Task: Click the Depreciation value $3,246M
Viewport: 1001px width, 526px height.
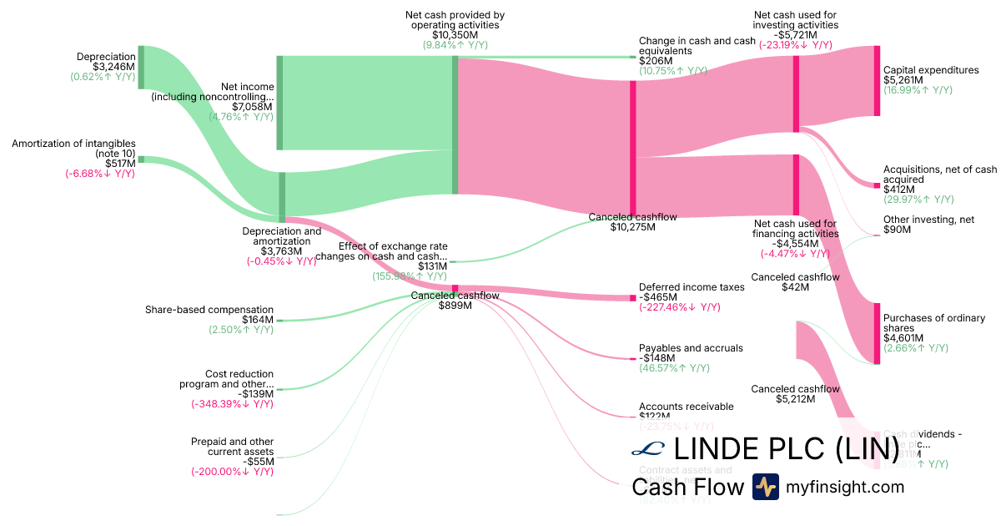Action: click(x=113, y=67)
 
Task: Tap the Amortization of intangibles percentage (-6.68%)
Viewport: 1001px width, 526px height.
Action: click(x=100, y=174)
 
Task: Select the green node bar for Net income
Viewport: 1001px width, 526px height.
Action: click(x=279, y=103)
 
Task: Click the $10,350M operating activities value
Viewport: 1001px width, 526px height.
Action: click(x=455, y=36)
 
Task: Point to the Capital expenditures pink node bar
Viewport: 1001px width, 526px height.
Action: click(x=877, y=81)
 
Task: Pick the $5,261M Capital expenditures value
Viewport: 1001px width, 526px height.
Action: click(x=903, y=80)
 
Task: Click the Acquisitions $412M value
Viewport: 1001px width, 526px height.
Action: click(x=898, y=190)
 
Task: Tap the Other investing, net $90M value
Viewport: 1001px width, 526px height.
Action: click(x=897, y=229)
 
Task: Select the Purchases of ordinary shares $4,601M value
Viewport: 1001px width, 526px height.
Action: click(x=903, y=338)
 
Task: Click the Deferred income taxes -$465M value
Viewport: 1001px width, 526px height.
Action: click(x=658, y=297)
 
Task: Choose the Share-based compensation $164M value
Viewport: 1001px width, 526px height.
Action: click(x=258, y=320)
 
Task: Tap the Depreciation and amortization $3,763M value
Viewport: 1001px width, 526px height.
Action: click(x=280, y=251)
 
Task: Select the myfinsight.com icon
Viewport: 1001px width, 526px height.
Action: click(x=765, y=487)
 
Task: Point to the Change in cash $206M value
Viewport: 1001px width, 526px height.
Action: click(x=655, y=61)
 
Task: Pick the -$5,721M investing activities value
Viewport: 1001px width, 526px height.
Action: click(x=795, y=36)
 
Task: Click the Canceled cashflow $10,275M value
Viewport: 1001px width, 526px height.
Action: click(x=632, y=226)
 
